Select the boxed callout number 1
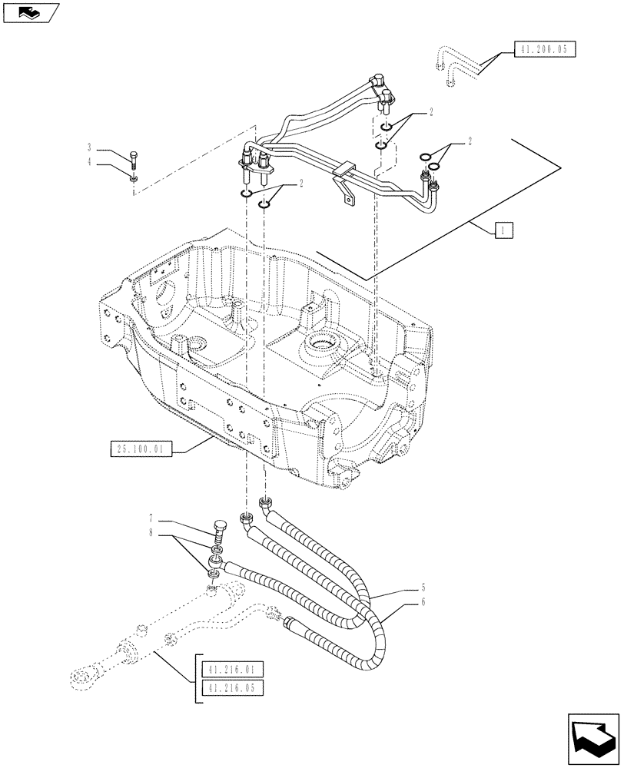point(500,230)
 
